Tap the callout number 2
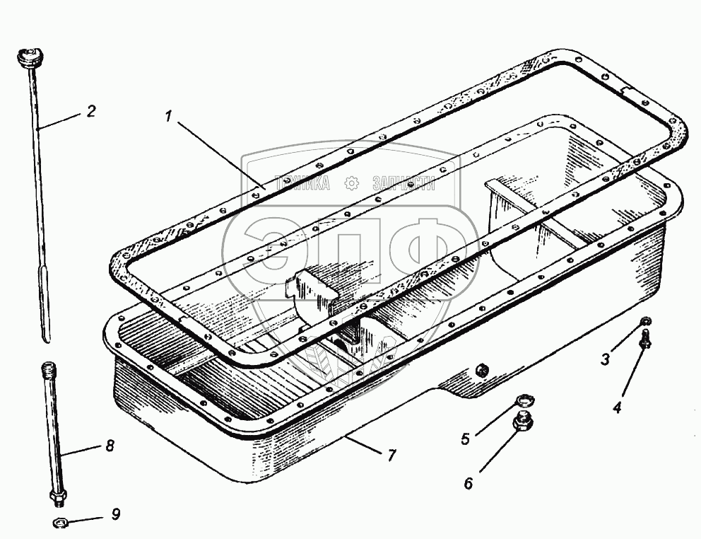pyautogui.click(x=91, y=111)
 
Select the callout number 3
pyautogui.click(x=605, y=359)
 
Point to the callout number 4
pyautogui.click(x=617, y=408)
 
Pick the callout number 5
pyautogui.click(x=465, y=439)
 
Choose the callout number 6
pyautogui.click(x=468, y=484)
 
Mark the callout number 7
pyautogui.click(x=391, y=456)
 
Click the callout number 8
pyautogui.click(x=109, y=447)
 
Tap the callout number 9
pyautogui.click(x=116, y=514)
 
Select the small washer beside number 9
pyautogui.click(x=60, y=523)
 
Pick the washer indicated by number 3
pyautogui.click(x=646, y=324)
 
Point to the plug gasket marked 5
pyautogui.click(x=524, y=401)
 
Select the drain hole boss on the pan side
pyautogui.click(x=481, y=370)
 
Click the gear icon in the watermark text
pyautogui.click(x=350, y=184)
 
